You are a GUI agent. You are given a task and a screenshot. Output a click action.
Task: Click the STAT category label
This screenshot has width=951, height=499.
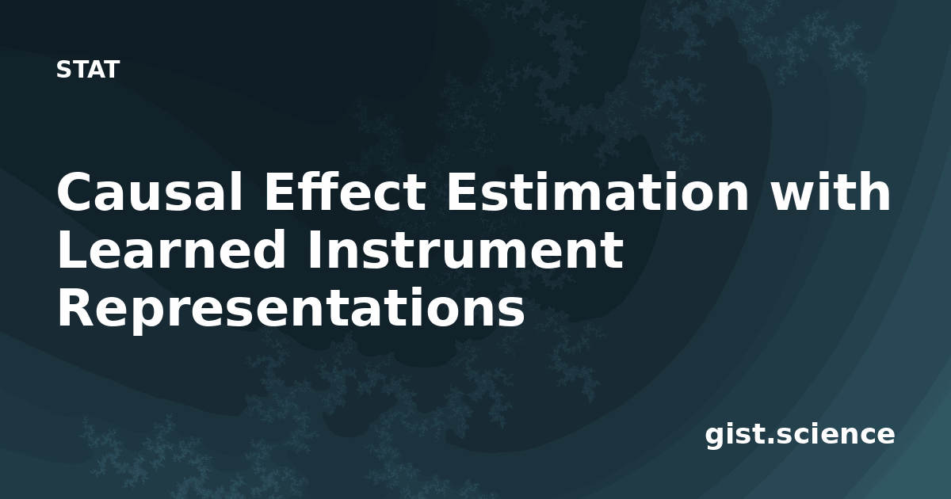88,70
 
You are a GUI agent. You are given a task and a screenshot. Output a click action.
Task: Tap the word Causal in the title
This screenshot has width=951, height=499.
150,191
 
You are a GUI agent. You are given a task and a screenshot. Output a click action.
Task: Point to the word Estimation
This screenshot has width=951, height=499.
598,191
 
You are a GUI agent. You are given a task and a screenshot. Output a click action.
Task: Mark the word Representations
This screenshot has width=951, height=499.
292,308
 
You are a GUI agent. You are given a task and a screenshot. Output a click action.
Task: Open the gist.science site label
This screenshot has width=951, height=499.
800,436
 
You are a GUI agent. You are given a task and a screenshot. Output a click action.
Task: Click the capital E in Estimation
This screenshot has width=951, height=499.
463,191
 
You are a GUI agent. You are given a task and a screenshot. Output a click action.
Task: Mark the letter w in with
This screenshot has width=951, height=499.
794,196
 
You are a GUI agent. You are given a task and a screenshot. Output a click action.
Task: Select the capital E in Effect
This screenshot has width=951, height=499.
281,191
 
